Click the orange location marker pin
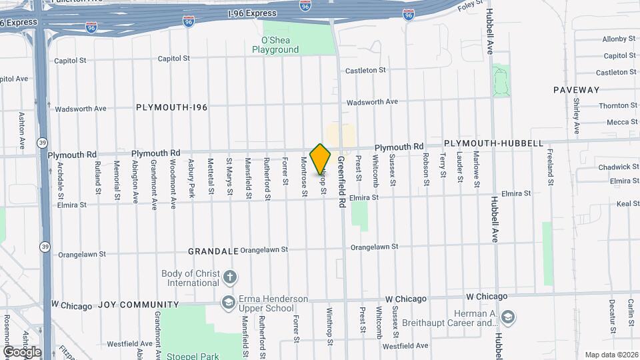pyautogui.click(x=321, y=159)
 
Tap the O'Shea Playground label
pyautogui.click(x=275, y=45)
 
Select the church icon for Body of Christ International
pyautogui.click(x=229, y=277)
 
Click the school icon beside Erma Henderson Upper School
pyautogui.click(x=229, y=303)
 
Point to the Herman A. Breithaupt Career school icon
pyautogui.click(x=507, y=316)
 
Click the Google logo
pyautogui.click(x=22, y=352)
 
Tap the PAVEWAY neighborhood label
pyautogui.click(x=576, y=89)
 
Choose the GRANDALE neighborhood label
pyautogui.click(x=213, y=251)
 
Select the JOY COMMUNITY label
pyautogui.click(x=139, y=305)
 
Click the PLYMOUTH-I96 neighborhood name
pyautogui.click(x=172, y=107)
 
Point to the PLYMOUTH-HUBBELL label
pyautogui.click(x=493, y=143)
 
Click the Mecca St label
pyautogui.click(x=622, y=122)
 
